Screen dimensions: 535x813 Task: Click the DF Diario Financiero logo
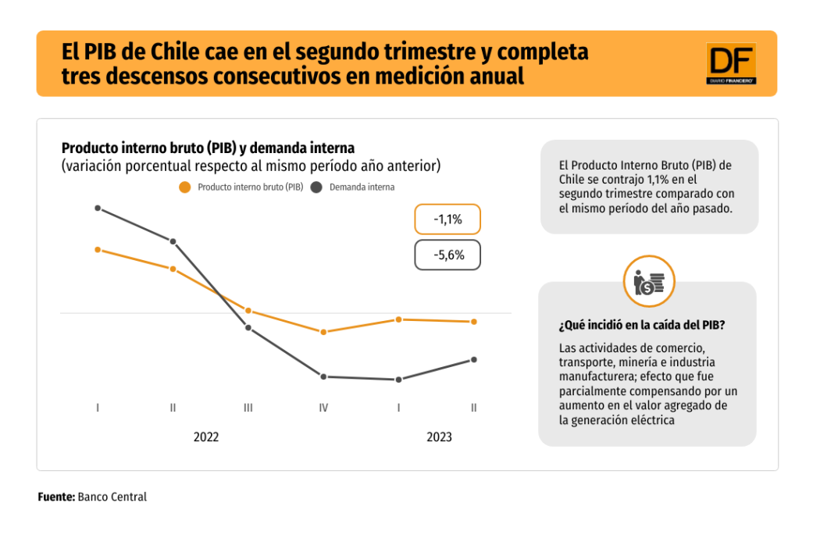click(731, 63)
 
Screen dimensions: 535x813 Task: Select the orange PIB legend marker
click(184, 187)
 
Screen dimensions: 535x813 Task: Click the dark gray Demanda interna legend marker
click(316, 187)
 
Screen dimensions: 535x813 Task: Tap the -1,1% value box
click(448, 220)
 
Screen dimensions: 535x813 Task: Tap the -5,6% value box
click(448, 255)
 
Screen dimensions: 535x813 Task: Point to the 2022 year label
click(206, 437)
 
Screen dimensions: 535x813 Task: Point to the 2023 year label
click(439, 437)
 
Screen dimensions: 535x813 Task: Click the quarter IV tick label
click(323, 408)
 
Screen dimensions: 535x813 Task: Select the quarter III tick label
click(248, 408)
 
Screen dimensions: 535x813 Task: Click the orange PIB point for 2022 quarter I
click(98, 250)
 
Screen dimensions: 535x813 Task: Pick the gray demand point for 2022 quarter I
click(98, 208)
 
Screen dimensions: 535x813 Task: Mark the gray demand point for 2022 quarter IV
click(323, 376)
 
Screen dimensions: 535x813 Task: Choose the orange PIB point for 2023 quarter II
click(474, 322)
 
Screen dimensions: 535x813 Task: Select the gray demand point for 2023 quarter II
click(474, 359)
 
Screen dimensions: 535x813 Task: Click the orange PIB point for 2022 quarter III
click(248, 311)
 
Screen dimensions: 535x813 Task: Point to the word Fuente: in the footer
click(56, 497)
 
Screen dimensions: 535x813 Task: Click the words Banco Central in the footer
click(112, 497)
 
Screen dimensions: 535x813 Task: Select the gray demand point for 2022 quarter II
click(173, 241)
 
